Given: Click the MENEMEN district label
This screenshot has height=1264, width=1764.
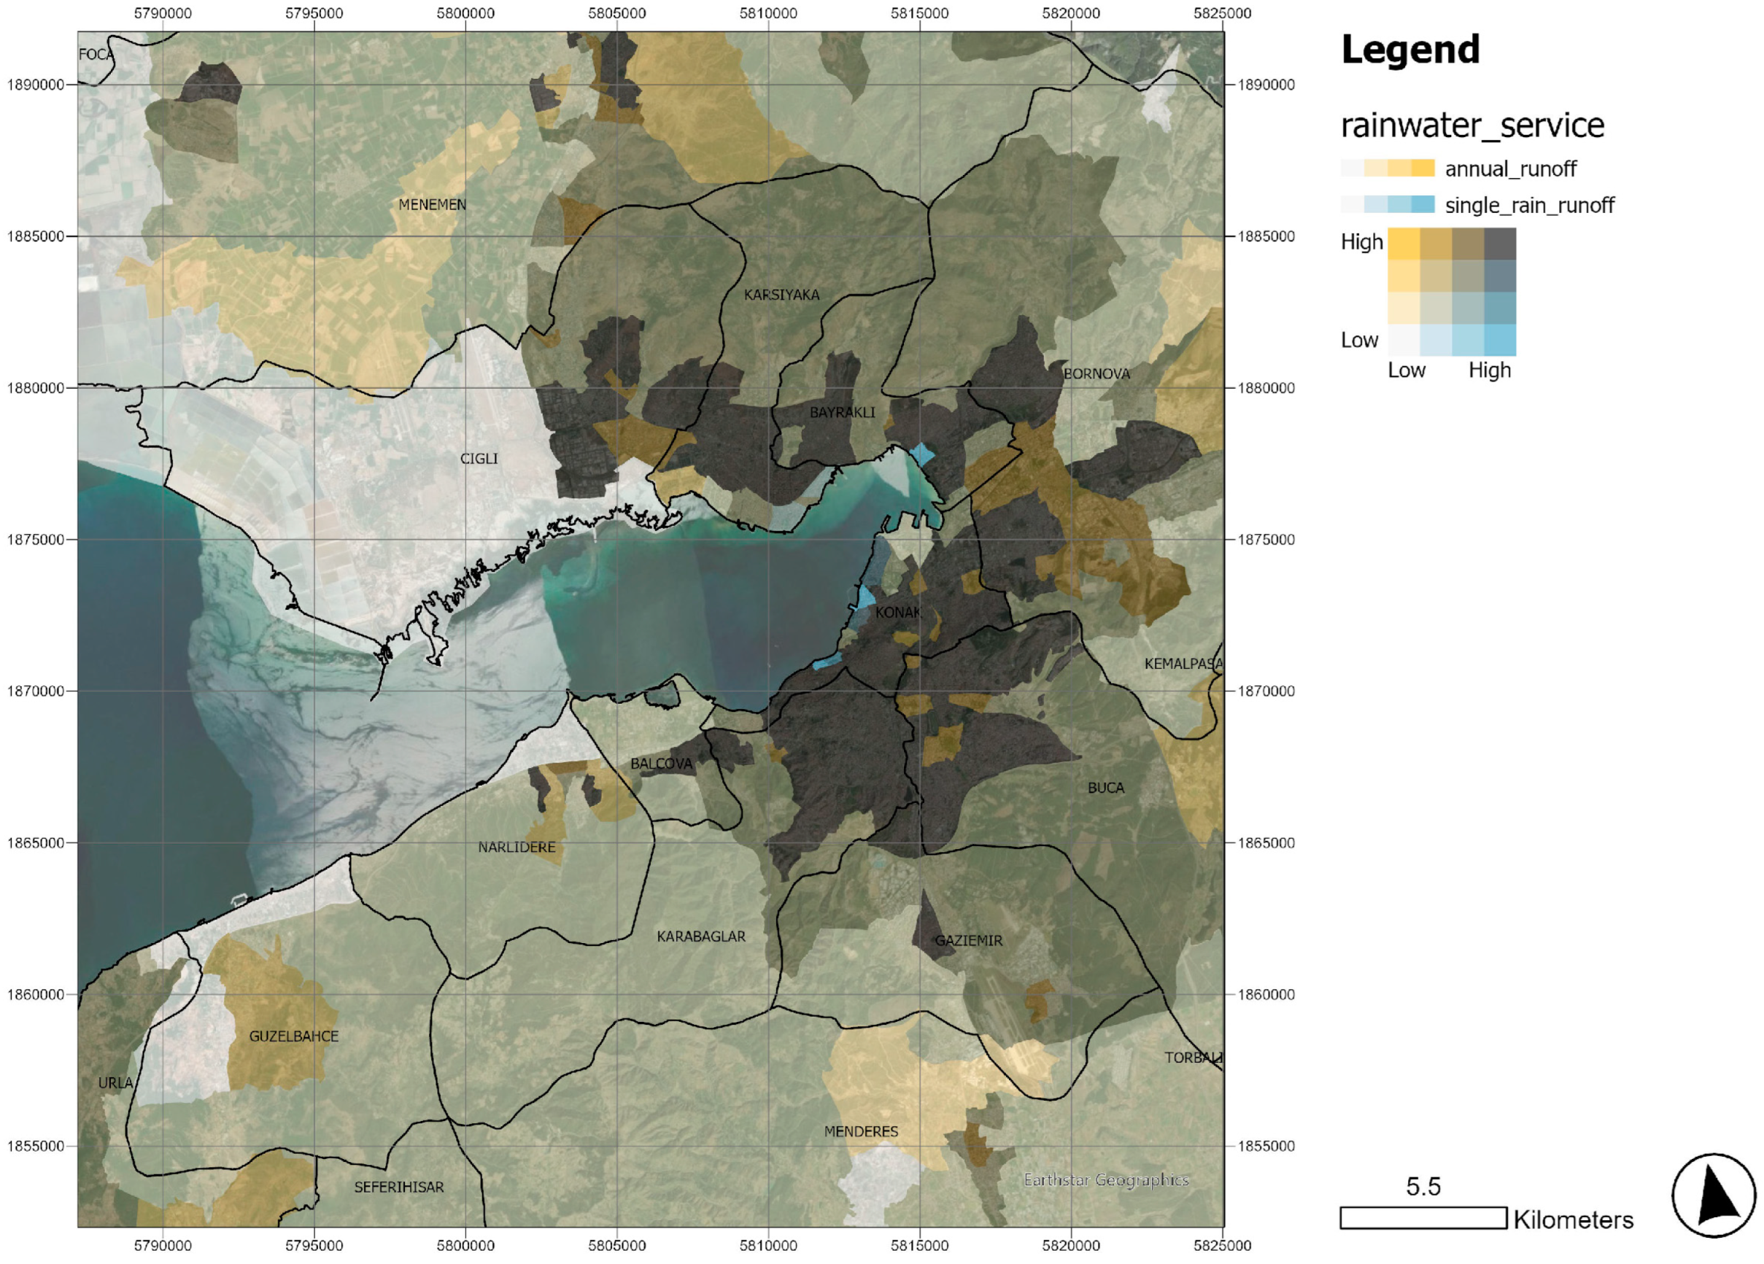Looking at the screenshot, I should click(x=432, y=204).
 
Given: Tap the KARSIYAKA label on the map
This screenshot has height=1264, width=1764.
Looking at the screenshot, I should click(x=781, y=295).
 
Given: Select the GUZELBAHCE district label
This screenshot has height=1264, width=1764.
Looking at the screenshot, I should click(x=293, y=1036).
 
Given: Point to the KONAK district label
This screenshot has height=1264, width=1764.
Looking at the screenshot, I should click(x=897, y=613).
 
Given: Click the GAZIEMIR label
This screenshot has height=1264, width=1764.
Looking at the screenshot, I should click(x=967, y=940).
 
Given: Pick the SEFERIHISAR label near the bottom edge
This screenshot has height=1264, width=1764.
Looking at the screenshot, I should click(x=399, y=1187).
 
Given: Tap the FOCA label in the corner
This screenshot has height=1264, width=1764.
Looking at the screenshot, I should click(x=95, y=55).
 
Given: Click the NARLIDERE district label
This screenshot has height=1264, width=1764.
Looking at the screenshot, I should click(x=517, y=847).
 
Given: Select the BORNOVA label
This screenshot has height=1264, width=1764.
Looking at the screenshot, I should click(x=1096, y=374).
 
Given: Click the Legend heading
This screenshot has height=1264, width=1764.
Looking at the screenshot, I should click(x=1409, y=50).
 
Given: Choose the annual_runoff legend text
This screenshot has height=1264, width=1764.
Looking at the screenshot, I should click(x=1509, y=168).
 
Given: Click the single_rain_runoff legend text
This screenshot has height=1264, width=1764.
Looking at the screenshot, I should click(x=1529, y=206).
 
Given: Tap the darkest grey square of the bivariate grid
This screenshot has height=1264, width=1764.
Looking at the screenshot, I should click(x=1500, y=244).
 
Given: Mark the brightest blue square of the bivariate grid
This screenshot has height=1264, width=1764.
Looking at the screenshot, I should click(x=1500, y=340).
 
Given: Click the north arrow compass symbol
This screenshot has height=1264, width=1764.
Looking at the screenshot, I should click(x=1713, y=1195).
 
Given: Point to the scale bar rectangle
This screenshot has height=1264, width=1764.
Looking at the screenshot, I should click(x=1423, y=1218).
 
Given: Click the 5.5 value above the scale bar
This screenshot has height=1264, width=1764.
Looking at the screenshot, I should click(x=1423, y=1186).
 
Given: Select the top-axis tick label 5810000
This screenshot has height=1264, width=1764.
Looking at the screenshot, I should click(x=767, y=13).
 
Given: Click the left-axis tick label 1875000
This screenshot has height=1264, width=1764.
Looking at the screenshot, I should click(x=35, y=540).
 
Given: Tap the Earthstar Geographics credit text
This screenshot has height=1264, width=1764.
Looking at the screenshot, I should click(x=1105, y=1180).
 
